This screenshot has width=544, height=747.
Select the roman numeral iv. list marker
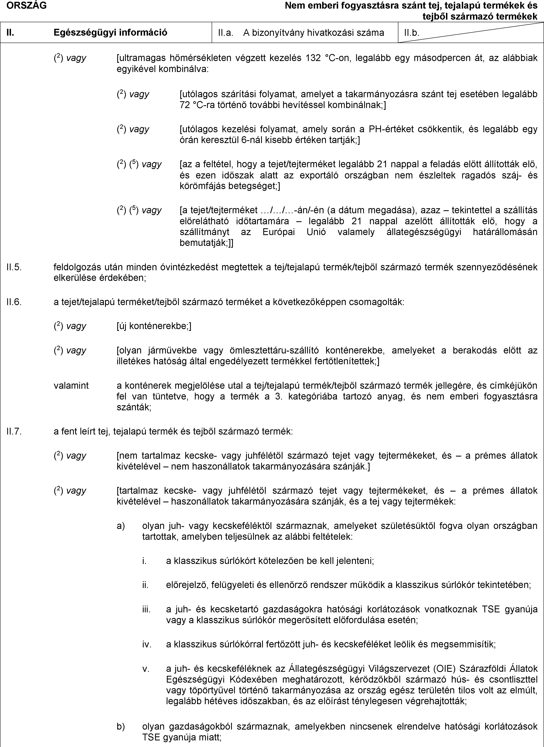147,644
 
